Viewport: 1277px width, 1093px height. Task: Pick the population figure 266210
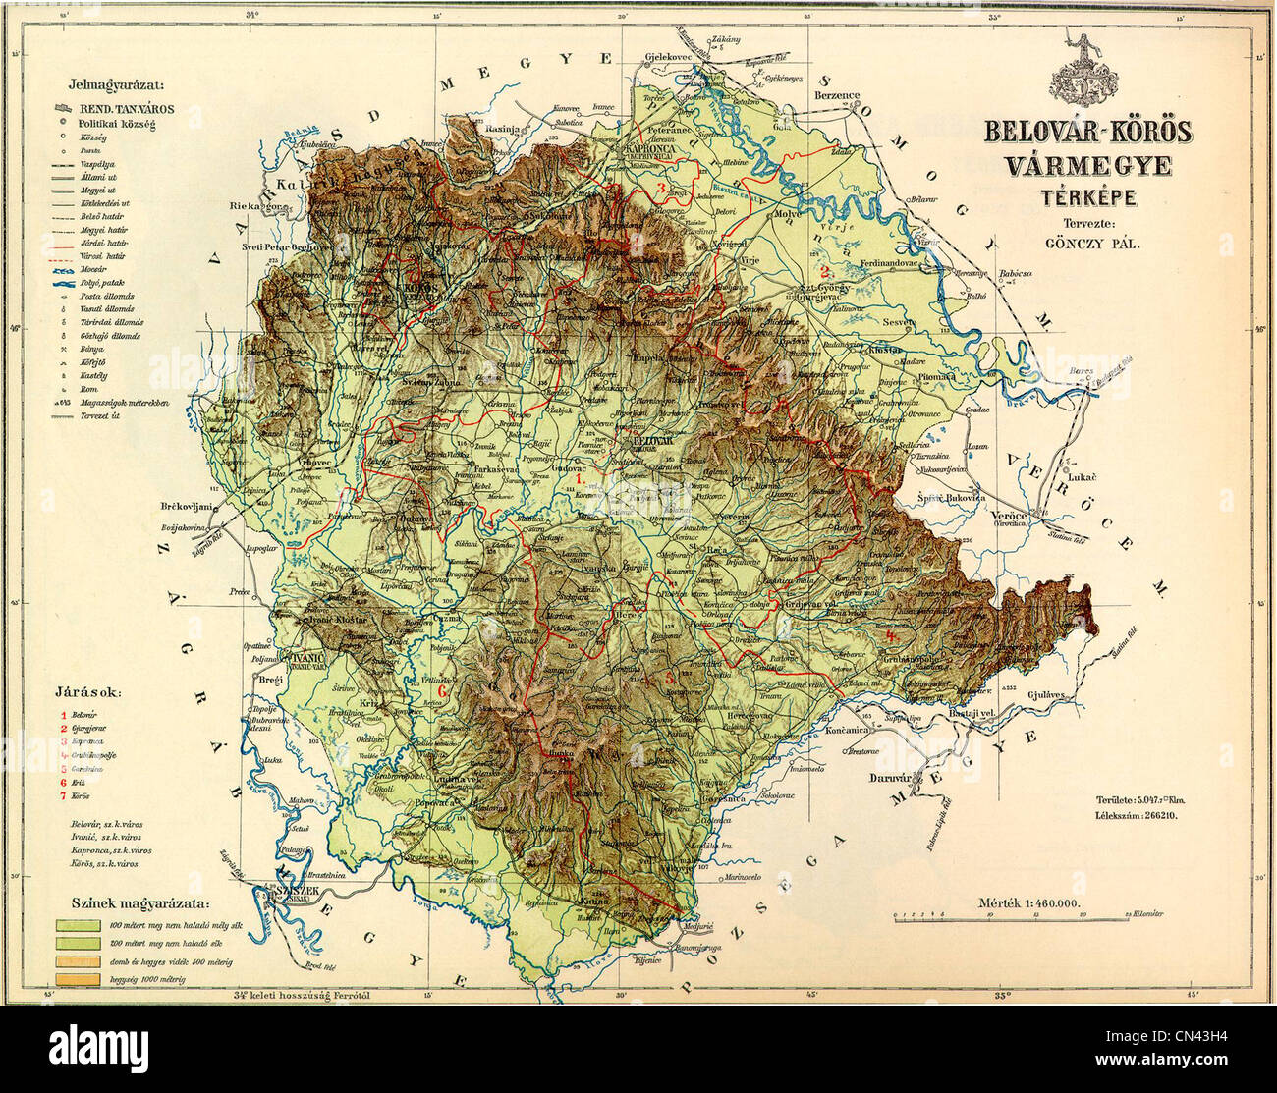pyautogui.click(x=1160, y=815)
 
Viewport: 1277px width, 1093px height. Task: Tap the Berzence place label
pyautogui.click(x=837, y=96)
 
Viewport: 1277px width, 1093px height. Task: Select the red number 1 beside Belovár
pyautogui.click(x=63, y=715)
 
